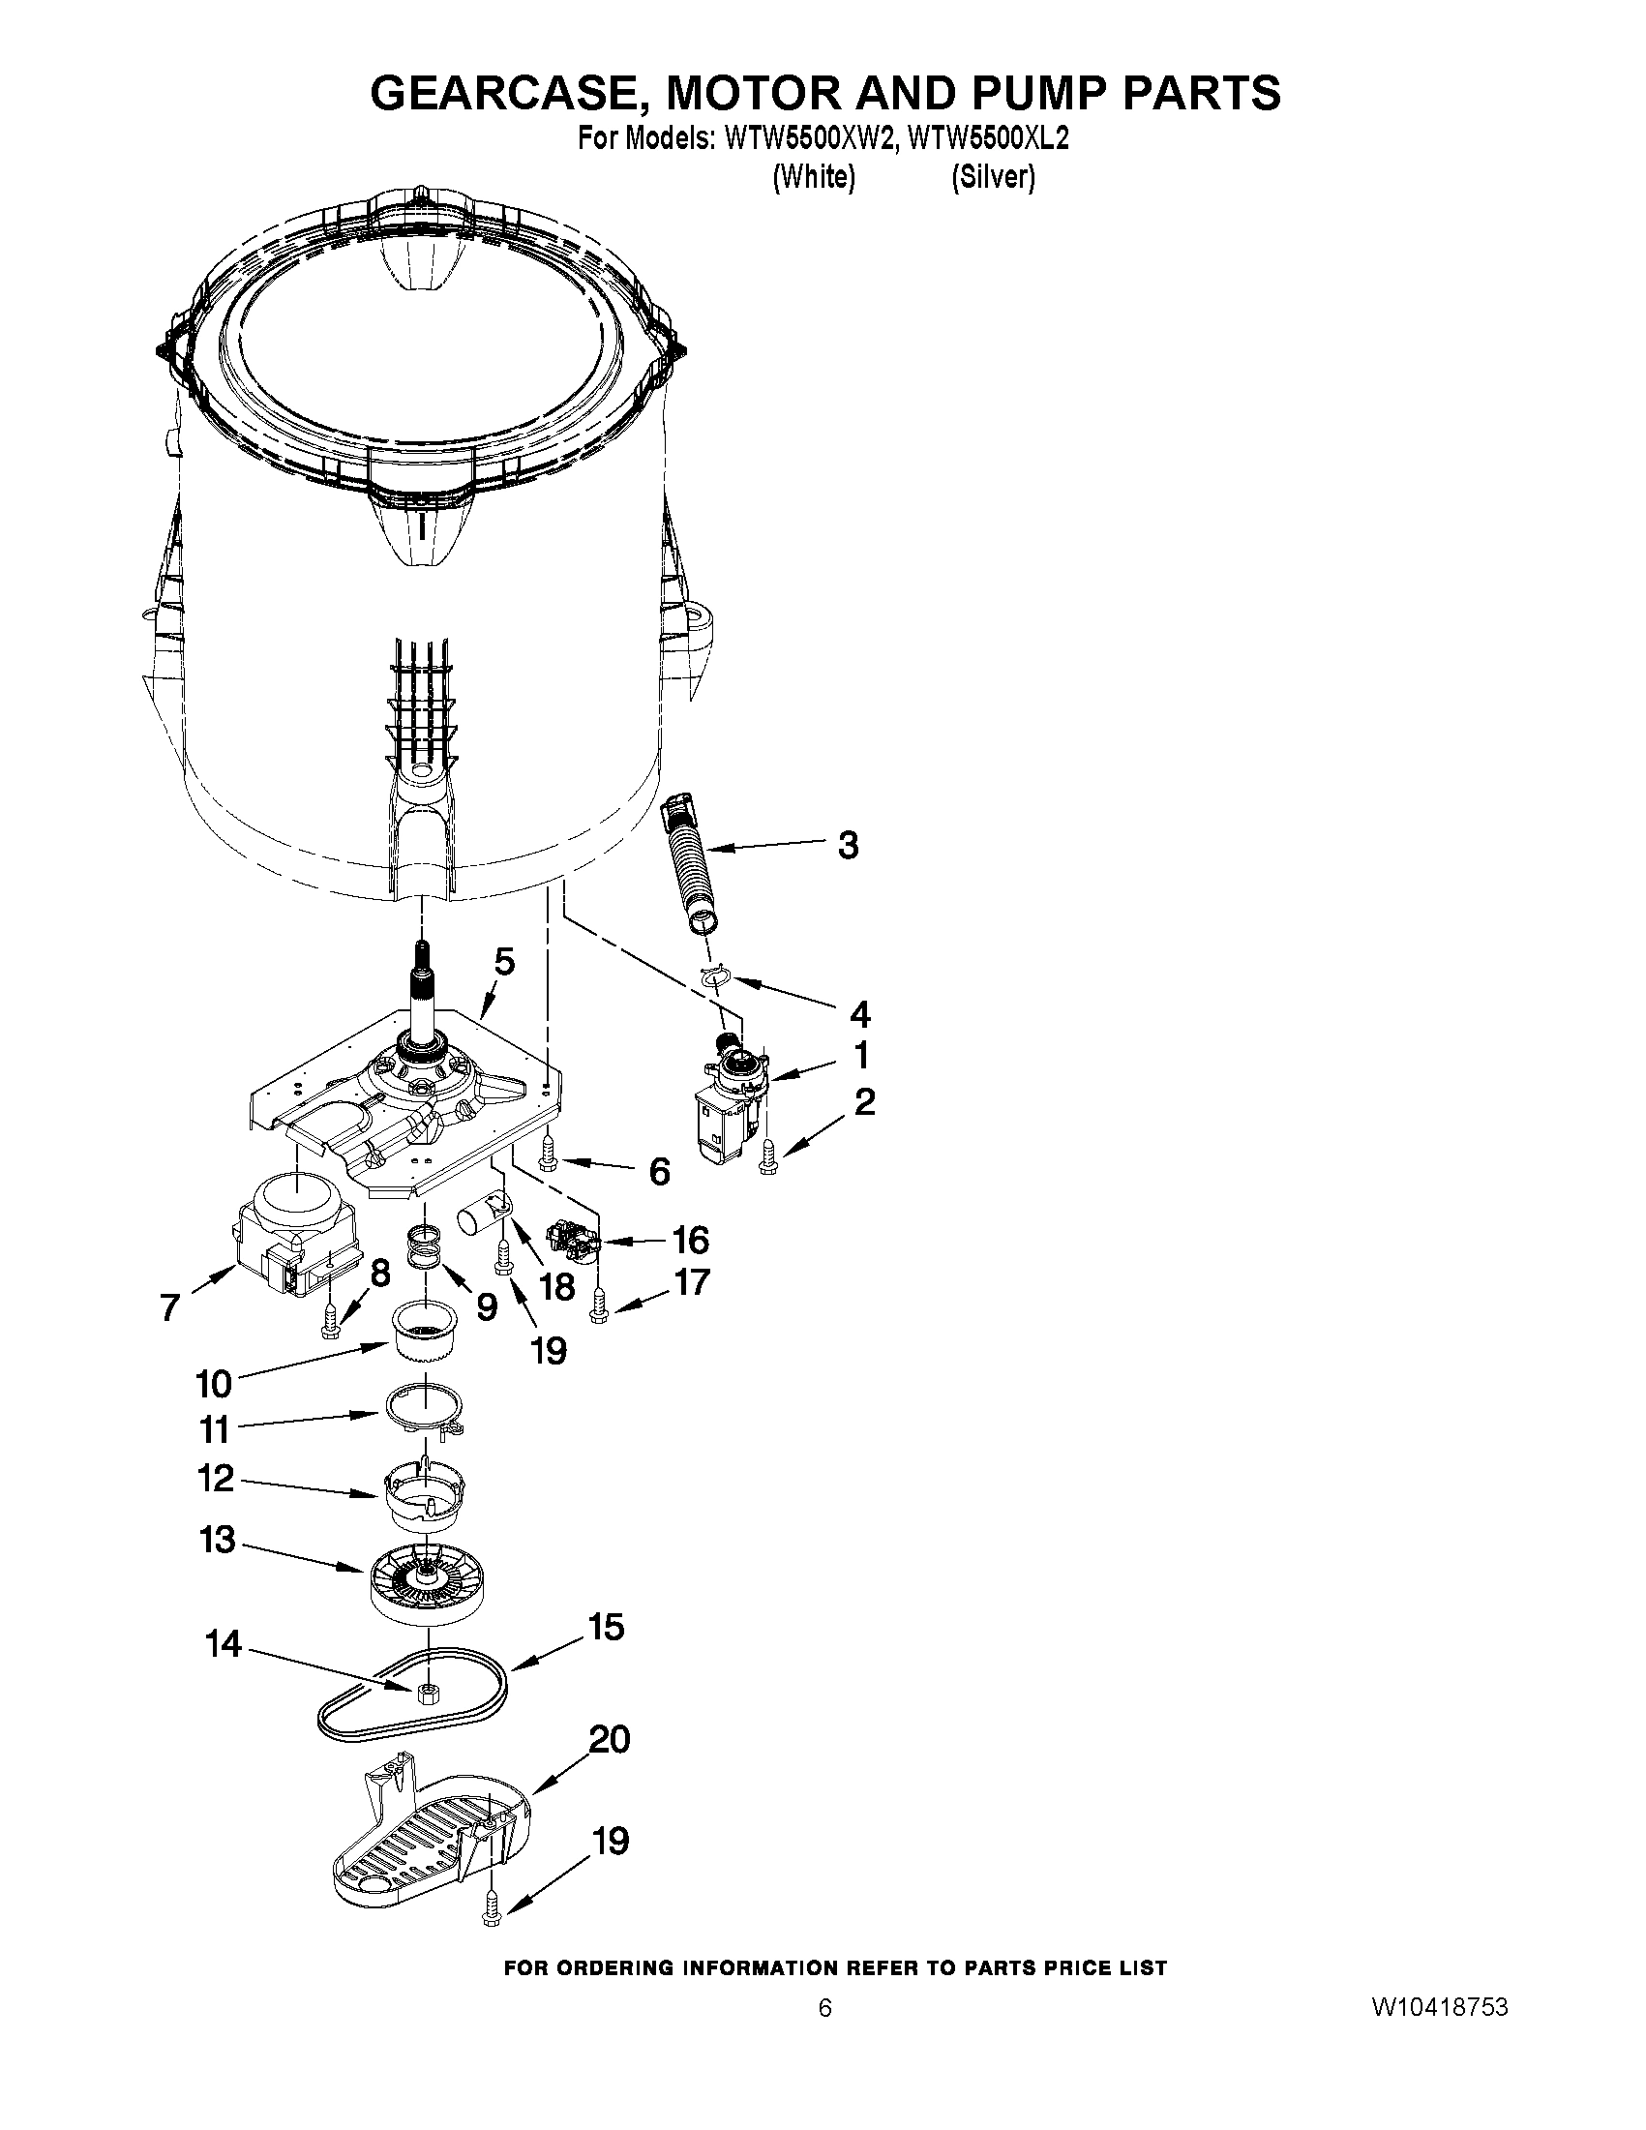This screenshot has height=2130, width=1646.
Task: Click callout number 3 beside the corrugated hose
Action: [849, 845]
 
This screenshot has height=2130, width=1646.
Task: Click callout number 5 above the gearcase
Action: [503, 962]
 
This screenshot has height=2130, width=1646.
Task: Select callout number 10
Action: [214, 1383]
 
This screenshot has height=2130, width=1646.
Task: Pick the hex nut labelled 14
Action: [424, 1693]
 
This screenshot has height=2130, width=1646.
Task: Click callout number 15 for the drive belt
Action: [606, 1627]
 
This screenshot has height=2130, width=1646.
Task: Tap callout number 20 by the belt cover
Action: [610, 1739]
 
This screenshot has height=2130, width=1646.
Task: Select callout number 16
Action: [690, 1241]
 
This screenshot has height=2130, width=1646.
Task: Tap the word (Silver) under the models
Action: [993, 177]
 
